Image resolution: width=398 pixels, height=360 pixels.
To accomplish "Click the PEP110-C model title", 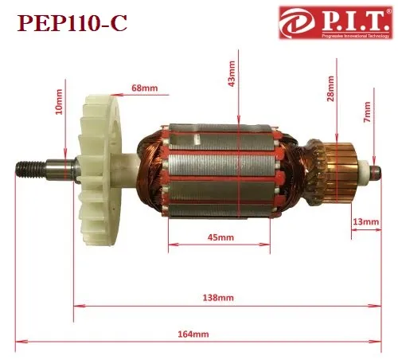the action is coord(72,23).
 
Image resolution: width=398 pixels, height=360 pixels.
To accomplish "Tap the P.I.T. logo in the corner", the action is coord(336,22).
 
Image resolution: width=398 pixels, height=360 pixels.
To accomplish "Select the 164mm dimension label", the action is coord(193,334).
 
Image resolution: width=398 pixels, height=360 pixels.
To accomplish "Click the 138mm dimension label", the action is coord(218,298).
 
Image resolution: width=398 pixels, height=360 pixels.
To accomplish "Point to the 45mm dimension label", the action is coord(220,237).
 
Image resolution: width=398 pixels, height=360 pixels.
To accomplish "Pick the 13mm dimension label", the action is coord(366,221).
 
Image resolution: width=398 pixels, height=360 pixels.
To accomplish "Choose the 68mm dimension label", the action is coord(145,88).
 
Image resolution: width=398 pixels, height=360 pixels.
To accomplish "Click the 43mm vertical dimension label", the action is coord(232,73).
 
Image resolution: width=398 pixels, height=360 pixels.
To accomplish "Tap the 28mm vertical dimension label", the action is coord(330,88).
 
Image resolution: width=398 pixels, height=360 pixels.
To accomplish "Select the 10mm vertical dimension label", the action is coord(59,102).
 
